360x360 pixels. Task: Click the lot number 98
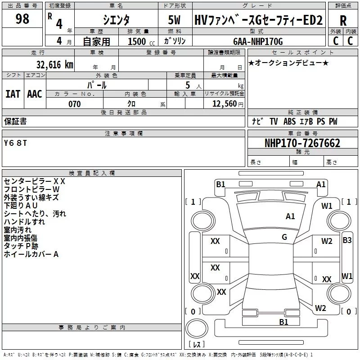click(22, 19)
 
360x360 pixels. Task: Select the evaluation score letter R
click(343, 21)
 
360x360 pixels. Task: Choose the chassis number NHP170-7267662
click(302, 144)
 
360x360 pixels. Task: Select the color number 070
click(74, 104)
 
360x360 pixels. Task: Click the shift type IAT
click(13, 94)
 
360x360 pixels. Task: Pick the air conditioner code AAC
click(35, 94)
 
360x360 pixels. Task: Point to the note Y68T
click(16, 143)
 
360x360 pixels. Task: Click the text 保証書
click(15, 121)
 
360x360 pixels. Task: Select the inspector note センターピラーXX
click(35, 181)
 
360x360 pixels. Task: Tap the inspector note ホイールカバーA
click(31, 254)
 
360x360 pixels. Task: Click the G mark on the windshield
click(284, 237)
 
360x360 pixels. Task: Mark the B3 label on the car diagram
click(347, 240)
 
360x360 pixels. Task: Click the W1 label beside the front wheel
click(327, 206)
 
